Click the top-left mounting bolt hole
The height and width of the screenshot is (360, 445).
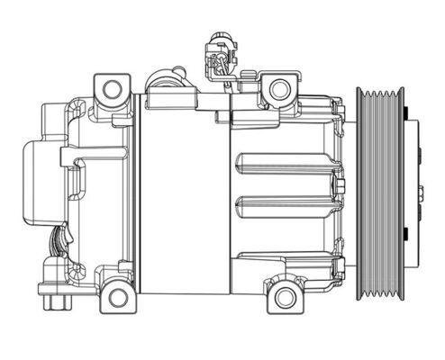113,89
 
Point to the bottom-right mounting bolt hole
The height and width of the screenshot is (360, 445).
286,296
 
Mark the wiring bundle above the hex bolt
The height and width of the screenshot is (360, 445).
58,243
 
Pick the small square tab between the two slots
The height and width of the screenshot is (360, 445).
340,185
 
